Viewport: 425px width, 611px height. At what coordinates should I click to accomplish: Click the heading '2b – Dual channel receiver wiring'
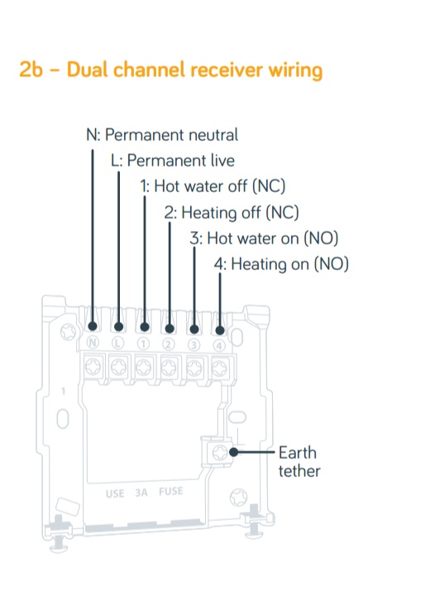tap(171, 70)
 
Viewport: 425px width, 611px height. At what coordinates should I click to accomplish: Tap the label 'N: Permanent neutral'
tap(162, 135)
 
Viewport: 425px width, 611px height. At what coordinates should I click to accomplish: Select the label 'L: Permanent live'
tap(173, 161)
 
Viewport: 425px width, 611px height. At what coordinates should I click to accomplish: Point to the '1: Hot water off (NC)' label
tap(212, 186)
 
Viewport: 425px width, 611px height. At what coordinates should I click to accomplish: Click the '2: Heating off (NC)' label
tap(232, 213)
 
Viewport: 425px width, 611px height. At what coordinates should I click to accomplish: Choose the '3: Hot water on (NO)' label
tap(264, 238)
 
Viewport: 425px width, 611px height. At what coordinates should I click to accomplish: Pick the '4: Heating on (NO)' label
tap(281, 264)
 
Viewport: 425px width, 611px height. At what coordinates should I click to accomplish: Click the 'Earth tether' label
tap(299, 462)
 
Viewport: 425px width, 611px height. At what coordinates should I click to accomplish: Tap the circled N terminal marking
tap(93, 342)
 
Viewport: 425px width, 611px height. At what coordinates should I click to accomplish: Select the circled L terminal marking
tap(118, 343)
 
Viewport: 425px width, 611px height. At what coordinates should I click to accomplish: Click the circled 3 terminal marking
tap(193, 345)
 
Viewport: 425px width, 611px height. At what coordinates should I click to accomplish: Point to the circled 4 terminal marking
tap(219, 345)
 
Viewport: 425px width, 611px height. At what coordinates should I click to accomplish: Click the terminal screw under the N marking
tap(93, 366)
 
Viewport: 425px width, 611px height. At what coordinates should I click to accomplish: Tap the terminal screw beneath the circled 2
tap(169, 367)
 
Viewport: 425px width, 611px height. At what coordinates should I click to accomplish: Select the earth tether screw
tap(220, 452)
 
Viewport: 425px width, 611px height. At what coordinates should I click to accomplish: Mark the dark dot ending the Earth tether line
tap(233, 452)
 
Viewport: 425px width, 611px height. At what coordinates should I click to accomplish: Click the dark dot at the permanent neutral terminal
tap(93, 325)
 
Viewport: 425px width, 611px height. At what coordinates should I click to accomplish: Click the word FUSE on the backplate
tap(171, 491)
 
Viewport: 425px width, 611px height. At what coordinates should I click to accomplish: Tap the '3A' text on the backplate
tap(141, 493)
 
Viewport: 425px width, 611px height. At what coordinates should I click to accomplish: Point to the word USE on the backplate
tap(115, 493)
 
